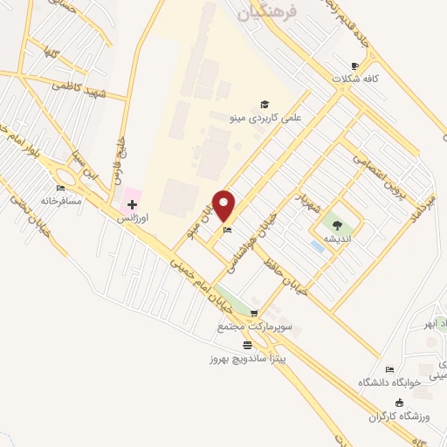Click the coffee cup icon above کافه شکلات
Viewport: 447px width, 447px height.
[x=354, y=65]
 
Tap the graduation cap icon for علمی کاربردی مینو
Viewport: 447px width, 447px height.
[x=264, y=103]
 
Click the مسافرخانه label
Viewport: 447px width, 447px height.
[x=62, y=201]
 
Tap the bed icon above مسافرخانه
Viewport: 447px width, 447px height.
[x=60, y=188]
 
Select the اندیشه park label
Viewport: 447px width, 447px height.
[x=338, y=238]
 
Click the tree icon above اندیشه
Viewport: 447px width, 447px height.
[x=338, y=225]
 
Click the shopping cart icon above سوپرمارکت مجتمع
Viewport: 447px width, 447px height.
[x=254, y=313]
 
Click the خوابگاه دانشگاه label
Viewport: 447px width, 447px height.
[x=389, y=382]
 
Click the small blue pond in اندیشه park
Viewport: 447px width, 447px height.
[x=317, y=247]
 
